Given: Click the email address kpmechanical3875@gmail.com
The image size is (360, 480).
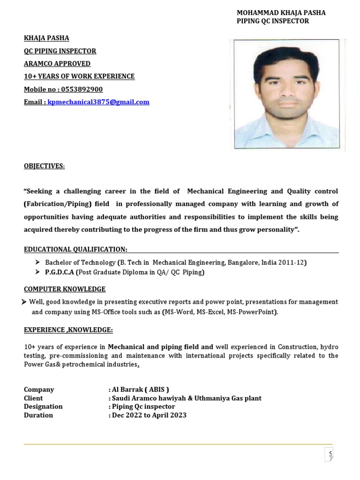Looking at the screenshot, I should click(x=98, y=102).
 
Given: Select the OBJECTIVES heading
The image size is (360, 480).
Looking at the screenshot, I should click(x=45, y=166).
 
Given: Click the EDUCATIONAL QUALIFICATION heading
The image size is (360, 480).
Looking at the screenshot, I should click(x=75, y=249).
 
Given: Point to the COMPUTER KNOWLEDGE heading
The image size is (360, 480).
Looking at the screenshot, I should click(x=65, y=289).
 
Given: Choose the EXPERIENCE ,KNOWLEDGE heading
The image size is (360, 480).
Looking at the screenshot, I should click(x=68, y=330).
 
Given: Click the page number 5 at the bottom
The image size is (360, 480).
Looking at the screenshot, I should click(x=330, y=454).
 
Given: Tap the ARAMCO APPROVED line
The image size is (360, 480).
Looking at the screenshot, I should click(x=57, y=64).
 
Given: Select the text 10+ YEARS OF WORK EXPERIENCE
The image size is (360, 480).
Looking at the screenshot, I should click(x=79, y=76).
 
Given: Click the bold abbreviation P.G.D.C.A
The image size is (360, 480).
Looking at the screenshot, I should click(x=60, y=272).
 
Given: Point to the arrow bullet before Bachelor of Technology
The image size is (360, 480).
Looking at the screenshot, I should click(x=38, y=262).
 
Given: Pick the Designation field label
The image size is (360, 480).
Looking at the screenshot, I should click(x=43, y=406).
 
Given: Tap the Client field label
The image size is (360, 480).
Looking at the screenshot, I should click(x=33, y=398).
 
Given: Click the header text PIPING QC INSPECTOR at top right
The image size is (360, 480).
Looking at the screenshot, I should click(x=273, y=21).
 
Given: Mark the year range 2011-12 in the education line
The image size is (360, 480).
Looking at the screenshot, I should click(x=291, y=262).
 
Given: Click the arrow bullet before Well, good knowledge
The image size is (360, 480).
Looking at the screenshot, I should click(x=24, y=302).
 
